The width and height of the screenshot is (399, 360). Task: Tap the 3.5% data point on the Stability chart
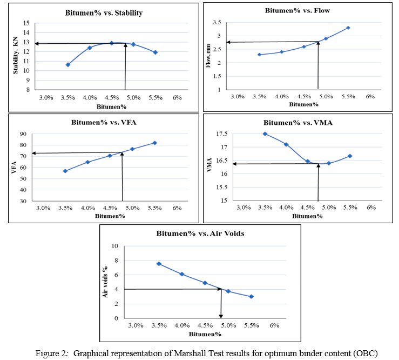click(68, 65)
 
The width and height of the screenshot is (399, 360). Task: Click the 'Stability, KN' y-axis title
click(16, 56)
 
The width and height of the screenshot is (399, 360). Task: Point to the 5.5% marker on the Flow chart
click(348, 28)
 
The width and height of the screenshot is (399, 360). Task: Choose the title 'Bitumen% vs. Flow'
click(298, 10)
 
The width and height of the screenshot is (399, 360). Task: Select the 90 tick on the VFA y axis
click(25, 134)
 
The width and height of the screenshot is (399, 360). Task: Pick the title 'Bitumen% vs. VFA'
click(104, 122)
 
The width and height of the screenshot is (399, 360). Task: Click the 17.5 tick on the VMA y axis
click(224, 134)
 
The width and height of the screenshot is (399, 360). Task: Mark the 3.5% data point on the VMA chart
click(265, 134)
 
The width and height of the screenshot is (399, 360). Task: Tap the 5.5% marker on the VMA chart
click(350, 156)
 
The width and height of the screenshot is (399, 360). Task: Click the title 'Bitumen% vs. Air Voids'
click(200, 234)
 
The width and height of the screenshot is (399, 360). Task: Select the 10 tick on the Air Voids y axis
click(114, 246)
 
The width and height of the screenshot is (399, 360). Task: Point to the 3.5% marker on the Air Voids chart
click(159, 264)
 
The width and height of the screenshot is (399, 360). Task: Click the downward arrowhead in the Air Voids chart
click(221, 316)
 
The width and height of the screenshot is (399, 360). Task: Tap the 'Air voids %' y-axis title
click(106, 282)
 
